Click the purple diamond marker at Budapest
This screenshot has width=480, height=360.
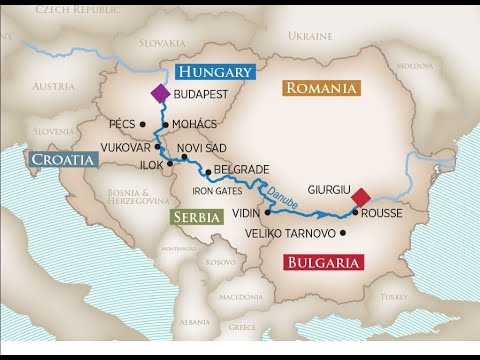pos(160,93)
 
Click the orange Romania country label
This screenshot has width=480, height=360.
pos(321,88)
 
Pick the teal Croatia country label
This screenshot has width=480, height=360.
pos(63,159)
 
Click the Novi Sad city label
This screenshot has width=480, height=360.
pos(202,148)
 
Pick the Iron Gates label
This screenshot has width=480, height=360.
pos(218,189)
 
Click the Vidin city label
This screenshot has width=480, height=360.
pos(245,212)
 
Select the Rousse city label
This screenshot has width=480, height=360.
pos(382,212)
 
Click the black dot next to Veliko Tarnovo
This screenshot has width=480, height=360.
pos(344,233)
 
